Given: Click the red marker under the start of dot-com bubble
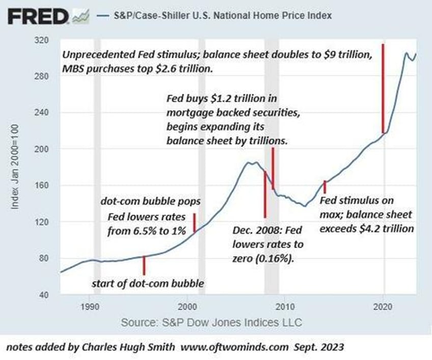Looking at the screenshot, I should [x=144, y=265].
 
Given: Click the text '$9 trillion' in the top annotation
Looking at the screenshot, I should [x=340, y=56].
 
